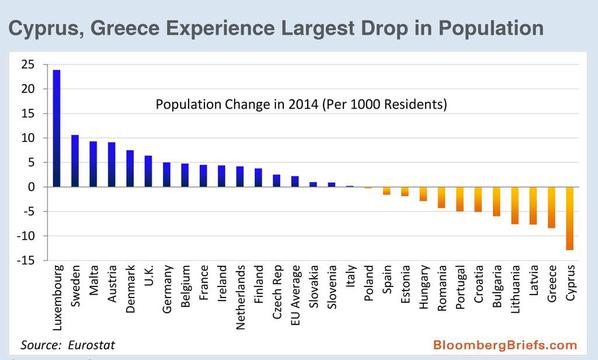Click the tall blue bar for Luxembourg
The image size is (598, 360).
point(56,129)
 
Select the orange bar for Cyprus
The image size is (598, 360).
point(570,219)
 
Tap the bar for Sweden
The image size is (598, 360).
point(75,161)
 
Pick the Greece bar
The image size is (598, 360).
point(551,207)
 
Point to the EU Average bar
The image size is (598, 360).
point(295,182)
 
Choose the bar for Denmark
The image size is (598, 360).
point(130,169)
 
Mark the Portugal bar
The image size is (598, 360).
point(460,199)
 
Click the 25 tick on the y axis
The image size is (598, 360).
point(28,64)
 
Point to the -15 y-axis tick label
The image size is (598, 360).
point(26,260)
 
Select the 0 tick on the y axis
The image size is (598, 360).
point(31,187)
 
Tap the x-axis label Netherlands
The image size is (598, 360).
point(240,297)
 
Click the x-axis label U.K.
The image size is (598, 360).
point(148,275)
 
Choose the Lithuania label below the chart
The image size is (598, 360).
point(515,289)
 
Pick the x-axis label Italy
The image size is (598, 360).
point(350,276)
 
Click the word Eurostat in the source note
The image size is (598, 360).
point(91,345)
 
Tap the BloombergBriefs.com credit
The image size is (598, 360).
point(505,345)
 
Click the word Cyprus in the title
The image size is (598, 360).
point(46,29)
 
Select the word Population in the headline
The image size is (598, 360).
point(491,29)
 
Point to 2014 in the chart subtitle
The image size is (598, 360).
point(303,104)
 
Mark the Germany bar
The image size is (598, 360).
point(167,175)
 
